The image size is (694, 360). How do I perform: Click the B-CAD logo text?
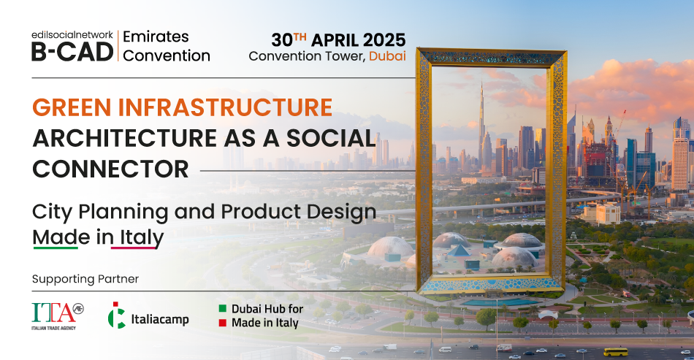click(72, 52)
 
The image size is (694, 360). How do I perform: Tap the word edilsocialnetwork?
click(72, 35)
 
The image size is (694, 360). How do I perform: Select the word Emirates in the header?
click(156, 37)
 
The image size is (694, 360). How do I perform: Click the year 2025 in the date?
click(384, 40)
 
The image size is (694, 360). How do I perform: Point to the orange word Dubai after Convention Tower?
click(387, 56)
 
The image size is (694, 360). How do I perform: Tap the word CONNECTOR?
click(110, 169)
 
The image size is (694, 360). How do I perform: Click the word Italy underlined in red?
click(137, 238)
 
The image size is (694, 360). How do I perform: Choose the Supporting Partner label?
click(85, 279)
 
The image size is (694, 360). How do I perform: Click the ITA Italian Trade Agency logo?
click(58, 315)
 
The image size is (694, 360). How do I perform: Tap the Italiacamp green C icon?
click(116, 315)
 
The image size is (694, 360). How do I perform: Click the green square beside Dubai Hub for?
click(223, 308)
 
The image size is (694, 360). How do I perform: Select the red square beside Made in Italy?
click(223, 323)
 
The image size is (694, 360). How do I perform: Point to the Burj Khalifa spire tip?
click(481, 82)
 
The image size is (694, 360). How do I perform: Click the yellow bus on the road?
click(616, 352)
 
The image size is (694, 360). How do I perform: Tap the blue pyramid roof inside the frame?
click(459, 250)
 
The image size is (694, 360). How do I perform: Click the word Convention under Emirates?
click(167, 55)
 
